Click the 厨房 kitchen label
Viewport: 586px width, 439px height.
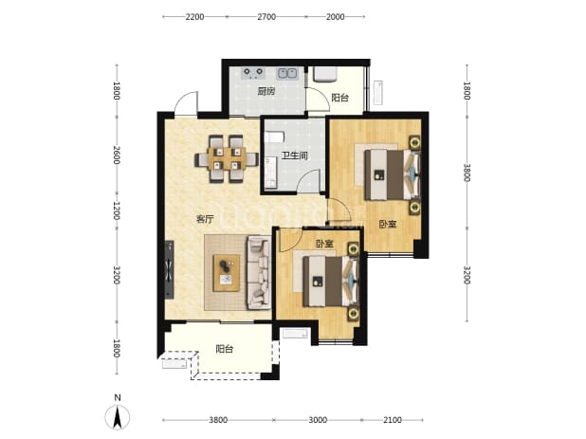point(266,91)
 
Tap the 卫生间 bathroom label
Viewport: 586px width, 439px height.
point(295,155)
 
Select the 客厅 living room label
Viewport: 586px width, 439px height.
point(205,219)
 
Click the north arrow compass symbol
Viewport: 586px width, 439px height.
point(118,416)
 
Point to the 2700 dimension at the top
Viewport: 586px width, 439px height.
point(266,17)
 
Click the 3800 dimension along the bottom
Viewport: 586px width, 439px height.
point(218,420)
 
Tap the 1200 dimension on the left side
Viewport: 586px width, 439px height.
point(117,210)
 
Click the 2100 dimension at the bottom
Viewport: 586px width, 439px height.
point(393,420)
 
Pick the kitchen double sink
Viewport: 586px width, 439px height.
point(287,74)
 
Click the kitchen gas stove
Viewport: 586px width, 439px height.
point(253,73)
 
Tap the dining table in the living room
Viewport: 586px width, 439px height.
point(227,158)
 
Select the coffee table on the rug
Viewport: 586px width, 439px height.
point(226,273)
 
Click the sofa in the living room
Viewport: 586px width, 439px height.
point(259,273)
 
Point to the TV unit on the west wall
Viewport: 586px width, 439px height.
point(170,269)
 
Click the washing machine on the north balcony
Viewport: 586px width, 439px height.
point(325,74)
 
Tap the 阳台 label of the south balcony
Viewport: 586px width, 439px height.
point(225,349)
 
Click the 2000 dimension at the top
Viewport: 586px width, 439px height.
point(336,17)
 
